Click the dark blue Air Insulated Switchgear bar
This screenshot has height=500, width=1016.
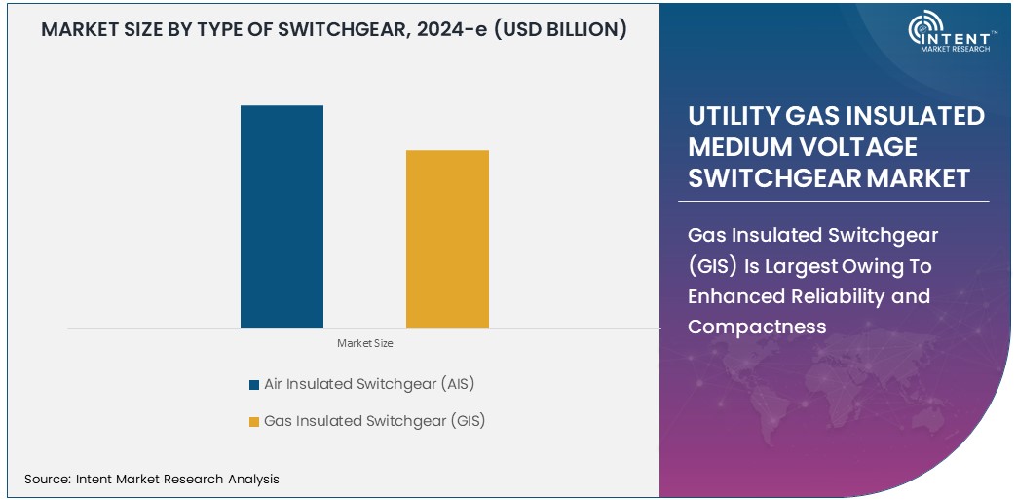282,216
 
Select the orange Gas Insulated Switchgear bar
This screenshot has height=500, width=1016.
447,239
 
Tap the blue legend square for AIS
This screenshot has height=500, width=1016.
254,385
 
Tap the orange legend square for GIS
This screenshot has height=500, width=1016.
254,422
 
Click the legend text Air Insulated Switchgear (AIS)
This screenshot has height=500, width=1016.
369,384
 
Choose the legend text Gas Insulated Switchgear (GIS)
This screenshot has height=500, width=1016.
374,421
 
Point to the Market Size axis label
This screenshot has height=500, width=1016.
364,343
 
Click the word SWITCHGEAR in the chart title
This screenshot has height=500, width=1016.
327,30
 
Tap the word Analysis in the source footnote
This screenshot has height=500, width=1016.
250,479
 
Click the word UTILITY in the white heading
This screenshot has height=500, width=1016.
732,116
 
